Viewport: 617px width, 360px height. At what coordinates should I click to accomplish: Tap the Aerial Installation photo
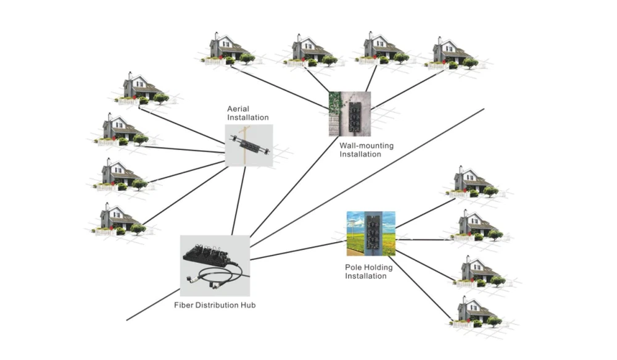pyautogui.click(x=249, y=145)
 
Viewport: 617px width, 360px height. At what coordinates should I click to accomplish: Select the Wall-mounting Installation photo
pyautogui.click(x=350, y=114)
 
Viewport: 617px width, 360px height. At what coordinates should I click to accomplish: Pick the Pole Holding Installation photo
pyautogui.click(x=371, y=233)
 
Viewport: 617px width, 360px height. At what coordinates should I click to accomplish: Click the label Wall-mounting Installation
pyautogui.click(x=366, y=150)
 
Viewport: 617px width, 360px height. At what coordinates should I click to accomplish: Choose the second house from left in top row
pyautogui.click(x=308, y=50)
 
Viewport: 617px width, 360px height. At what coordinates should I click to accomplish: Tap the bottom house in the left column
pyautogui.click(x=120, y=220)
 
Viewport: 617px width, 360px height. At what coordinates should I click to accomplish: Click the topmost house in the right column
pyautogui.click(x=472, y=182)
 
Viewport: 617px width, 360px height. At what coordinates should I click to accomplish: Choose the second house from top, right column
pyautogui.click(x=476, y=226)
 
